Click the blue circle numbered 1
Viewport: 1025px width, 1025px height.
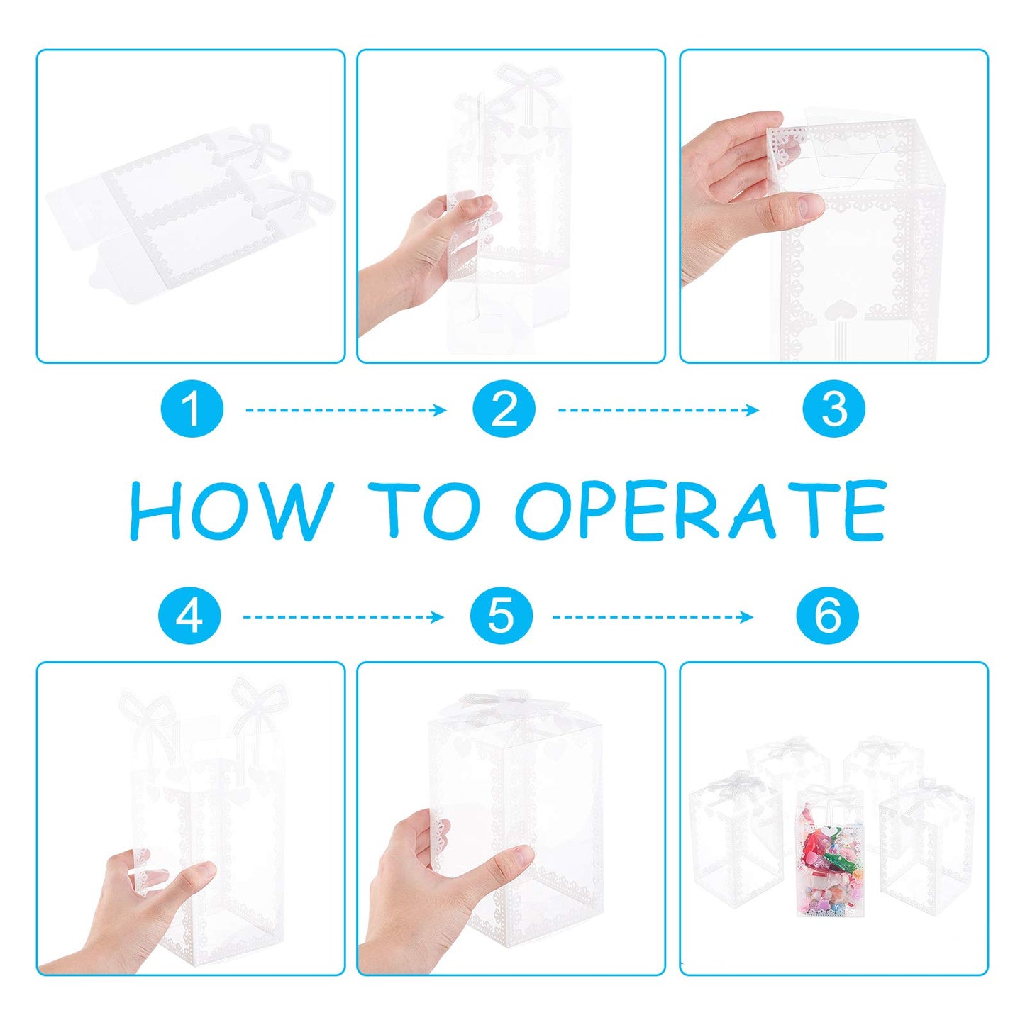pos(192,409)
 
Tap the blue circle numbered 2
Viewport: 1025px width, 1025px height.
pos(504,409)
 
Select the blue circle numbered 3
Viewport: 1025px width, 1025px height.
pos(833,409)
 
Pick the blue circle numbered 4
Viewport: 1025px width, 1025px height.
pos(189,616)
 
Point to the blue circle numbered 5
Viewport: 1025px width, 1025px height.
pos(501,616)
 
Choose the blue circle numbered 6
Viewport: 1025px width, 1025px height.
pos(828,616)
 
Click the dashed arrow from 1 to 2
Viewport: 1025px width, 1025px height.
pos(345,409)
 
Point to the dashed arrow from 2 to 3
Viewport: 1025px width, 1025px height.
pos(658,409)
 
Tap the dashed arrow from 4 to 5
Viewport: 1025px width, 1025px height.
pos(343,617)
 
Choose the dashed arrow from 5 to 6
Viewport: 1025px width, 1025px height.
pos(653,617)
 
